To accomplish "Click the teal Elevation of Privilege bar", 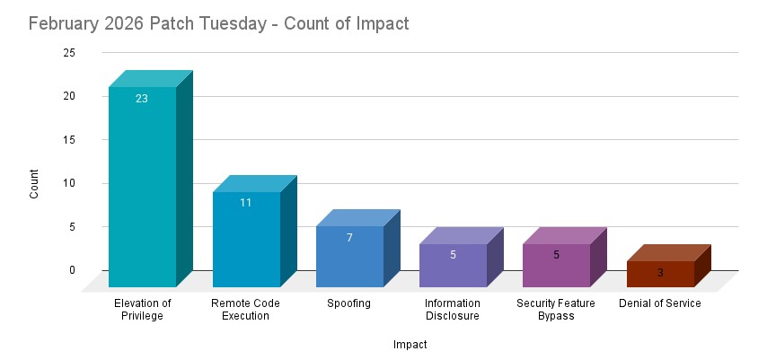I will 142,189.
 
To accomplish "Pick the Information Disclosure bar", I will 453,266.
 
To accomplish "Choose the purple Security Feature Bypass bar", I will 556,266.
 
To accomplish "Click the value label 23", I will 142,99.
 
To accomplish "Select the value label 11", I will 246,203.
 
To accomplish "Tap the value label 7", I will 349,238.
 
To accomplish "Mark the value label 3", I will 660,272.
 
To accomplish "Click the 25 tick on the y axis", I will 69,53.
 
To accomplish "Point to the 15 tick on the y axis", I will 69,140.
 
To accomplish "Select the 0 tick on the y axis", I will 73,270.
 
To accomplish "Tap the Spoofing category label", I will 349,303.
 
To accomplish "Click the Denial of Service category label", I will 660,303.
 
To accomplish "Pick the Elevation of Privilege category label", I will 142,310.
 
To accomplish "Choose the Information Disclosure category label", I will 453,310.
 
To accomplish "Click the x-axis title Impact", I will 410,344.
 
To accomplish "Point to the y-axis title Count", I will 34,183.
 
